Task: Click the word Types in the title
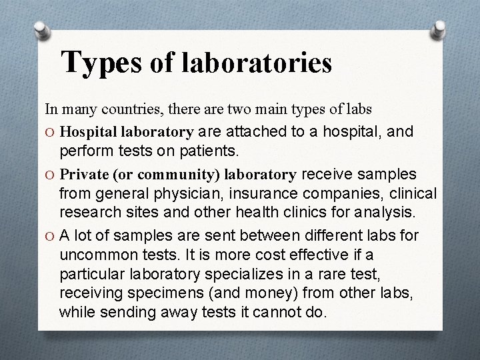pyautogui.click(x=101, y=63)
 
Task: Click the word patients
pyautogui.click(x=204, y=151)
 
